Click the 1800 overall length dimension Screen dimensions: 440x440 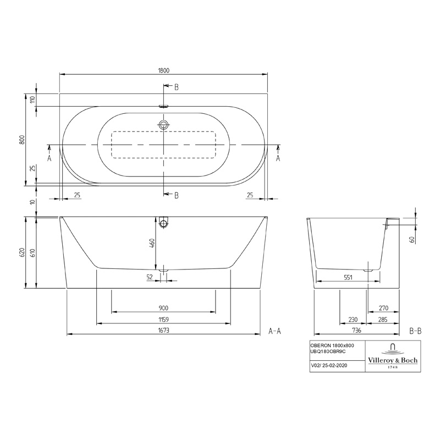[x=163, y=70]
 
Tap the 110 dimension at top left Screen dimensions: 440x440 [x=33, y=100]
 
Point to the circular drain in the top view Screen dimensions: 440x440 [x=163, y=125]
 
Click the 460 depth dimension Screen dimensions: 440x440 [x=152, y=243]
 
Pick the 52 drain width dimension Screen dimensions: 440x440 [x=150, y=277]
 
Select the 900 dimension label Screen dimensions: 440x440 [x=163, y=308]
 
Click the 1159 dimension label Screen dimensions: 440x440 [x=163, y=320]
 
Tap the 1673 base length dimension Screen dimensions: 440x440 [x=163, y=331]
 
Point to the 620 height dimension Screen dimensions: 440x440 [x=23, y=252]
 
